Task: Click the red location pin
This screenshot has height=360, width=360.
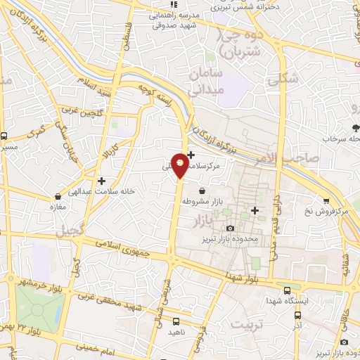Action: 181,165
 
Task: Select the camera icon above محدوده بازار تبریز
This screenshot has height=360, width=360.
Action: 231,228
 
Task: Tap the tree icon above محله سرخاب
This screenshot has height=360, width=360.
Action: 356,128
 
